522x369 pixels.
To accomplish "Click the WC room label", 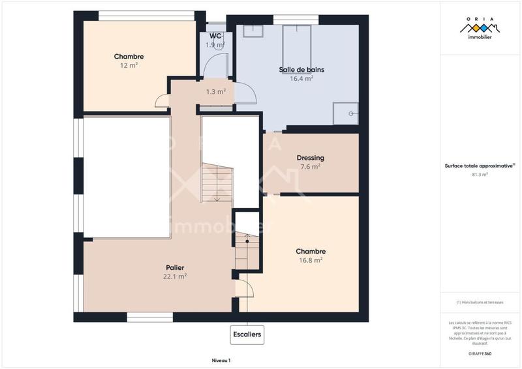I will click(216, 36).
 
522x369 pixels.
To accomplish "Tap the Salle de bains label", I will click(301, 69).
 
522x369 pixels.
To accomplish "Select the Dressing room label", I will click(310, 158).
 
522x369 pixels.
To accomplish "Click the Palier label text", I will click(174, 267).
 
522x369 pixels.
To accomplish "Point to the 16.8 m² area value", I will click(310, 260).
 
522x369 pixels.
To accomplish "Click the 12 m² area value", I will click(129, 66).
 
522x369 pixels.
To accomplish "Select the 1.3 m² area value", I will click(215, 92).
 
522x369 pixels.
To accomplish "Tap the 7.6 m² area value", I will click(310, 167).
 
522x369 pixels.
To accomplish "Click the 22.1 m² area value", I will click(174, 276).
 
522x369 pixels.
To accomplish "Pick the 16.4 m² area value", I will click(301, 78).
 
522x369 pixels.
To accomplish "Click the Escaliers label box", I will click(247, 335).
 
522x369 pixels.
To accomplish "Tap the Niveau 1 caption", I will click(221, 360).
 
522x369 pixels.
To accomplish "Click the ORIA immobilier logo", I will click(480, 29).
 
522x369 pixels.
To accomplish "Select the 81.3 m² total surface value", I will click(480, 175).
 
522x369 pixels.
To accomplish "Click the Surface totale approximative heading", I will click(480, 166).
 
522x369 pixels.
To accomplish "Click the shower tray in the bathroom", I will click(346, 113).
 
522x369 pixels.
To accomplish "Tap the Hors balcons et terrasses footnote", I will click(480, 302).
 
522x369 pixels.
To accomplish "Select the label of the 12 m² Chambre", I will click(129, 57).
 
